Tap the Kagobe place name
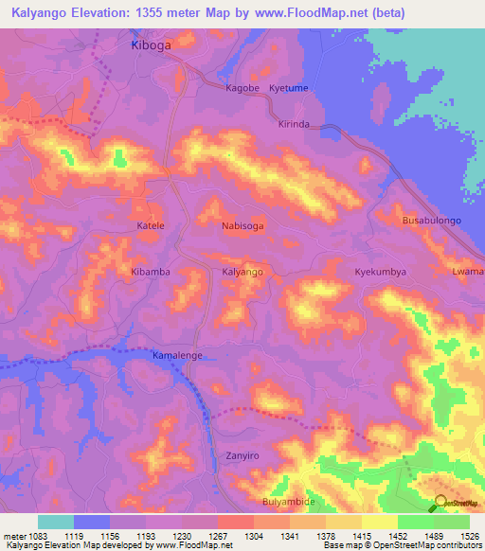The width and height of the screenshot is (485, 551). (x=242, y=88)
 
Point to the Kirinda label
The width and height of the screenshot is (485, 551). (x=294, y=125)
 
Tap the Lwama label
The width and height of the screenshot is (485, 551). (x=468, y=272)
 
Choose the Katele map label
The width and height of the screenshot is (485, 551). (x=151, y=226)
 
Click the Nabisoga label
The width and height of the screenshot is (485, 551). (x=242, y=226)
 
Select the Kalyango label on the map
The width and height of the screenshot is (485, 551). (x=242, y=272)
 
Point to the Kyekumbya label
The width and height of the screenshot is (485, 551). (x=380, y=272)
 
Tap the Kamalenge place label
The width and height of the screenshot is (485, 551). (x=178, y=356)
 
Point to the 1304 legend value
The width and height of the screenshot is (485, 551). (x=253, y=536)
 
